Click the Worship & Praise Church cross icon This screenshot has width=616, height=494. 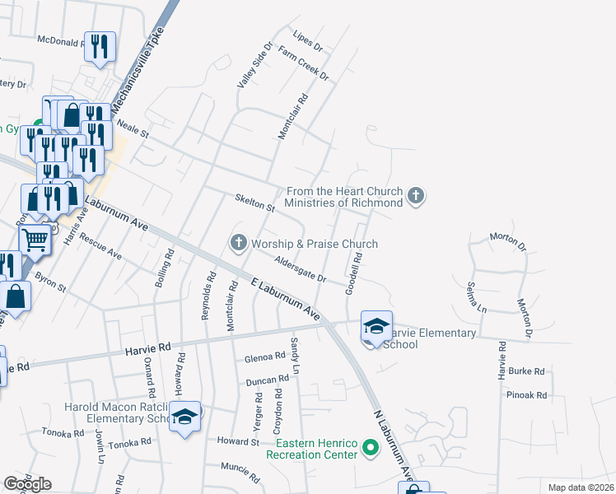[x=239, y=242]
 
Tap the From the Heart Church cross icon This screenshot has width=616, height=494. [x=417, y=196]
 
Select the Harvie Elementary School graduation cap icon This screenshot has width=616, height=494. [x=376, y=326]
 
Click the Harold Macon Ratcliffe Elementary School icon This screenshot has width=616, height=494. [x=185, y=417]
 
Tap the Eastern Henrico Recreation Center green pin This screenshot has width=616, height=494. [x=371, y=449]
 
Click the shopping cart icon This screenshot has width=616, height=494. [x=35, y=240]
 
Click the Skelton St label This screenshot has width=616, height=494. [x=254, y=203]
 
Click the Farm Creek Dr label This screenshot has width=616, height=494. [x=304, y=64]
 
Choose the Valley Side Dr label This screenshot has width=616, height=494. [x=254, y=66]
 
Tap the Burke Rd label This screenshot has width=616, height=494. [x=527, y=371]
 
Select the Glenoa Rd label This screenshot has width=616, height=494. [x=264, y=358]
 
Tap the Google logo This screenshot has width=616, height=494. [x=27, y=484]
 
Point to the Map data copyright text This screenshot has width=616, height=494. [x=581, y=487]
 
